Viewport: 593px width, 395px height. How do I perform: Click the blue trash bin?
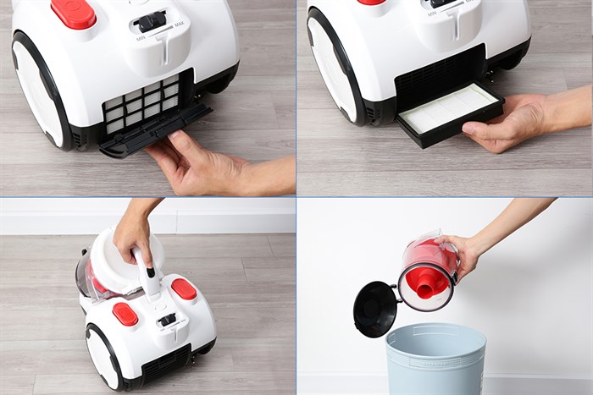(x=435, y=360)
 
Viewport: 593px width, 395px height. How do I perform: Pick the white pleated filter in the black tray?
(x=448, y=108)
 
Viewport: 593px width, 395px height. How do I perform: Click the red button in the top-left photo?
(x=74, y=13)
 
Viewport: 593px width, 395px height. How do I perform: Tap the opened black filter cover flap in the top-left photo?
(x=152, y=134)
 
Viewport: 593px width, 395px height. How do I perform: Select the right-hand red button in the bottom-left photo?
(x=184, y=288)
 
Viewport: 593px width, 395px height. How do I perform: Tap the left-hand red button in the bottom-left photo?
(x=125, y=314)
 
